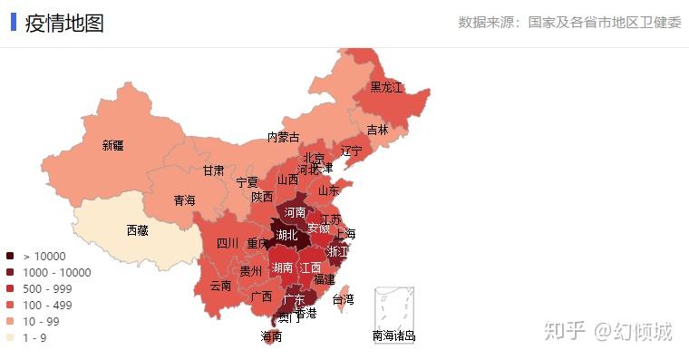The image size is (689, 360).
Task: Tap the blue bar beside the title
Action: pos(14,22)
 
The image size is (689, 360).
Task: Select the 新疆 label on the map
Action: pos(113,145)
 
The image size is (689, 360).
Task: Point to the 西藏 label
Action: pos(138,230)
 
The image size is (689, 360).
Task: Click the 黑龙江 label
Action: pos(386,88)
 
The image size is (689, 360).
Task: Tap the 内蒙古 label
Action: pos(283,137)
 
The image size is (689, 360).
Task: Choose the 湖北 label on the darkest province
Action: pos(287,236)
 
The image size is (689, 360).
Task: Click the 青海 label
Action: pos(185,199)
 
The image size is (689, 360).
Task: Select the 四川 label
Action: pos(228,243)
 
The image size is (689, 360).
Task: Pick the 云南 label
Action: pos(220,285)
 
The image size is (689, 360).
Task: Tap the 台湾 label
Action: pos(343,299)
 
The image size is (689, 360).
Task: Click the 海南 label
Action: pos(272,336)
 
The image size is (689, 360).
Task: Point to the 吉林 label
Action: pos(377,130)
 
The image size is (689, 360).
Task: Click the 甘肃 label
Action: pos(213,170)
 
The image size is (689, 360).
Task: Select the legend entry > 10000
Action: pos(45,257)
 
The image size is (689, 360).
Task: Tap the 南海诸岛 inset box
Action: pos(394,311)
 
